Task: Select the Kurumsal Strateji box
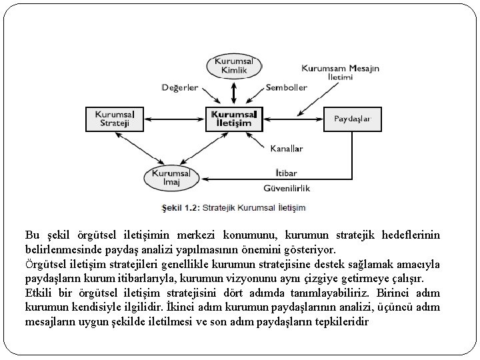pos(115,119)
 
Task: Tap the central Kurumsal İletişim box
pos(235,119)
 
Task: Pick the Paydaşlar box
pos(352,119)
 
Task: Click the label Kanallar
pos(287,148)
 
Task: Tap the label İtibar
pos(285,173)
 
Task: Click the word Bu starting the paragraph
pos(31,235)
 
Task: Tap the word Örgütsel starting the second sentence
pos(45,265)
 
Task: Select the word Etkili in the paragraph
pos(39,294)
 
